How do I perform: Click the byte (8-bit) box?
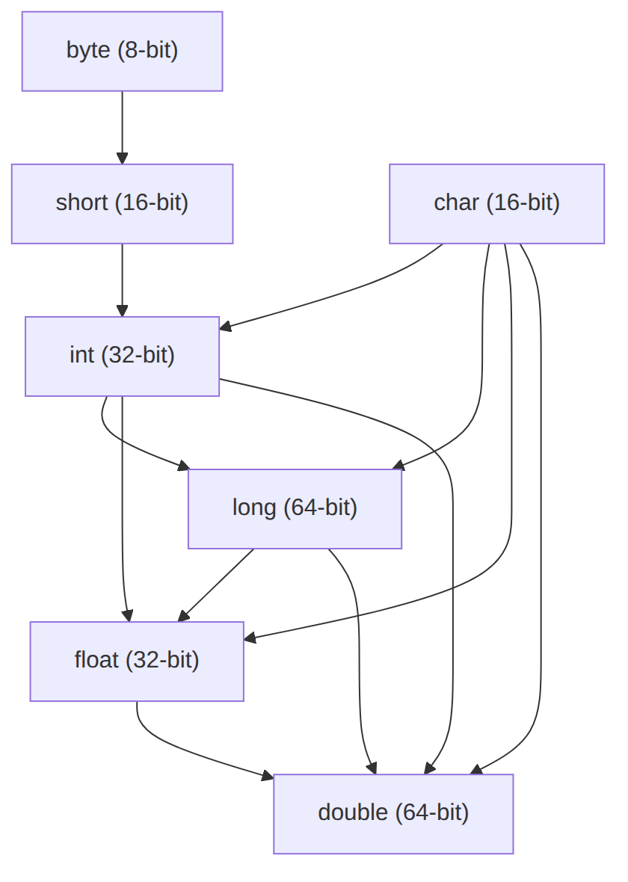[122, 51]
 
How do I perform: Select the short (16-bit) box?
[122, 203]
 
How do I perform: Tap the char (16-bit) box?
[497, 203]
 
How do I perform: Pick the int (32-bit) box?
[122, 356]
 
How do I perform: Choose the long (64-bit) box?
[295, 508]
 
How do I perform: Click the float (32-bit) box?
[137, 661]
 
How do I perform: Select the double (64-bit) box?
[393, 813]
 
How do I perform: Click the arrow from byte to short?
[122, 128]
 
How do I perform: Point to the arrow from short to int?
[122, 280]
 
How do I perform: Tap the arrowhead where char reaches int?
[225, 326]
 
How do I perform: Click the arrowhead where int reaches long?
[183, 465]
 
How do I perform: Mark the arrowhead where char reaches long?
[398, 465]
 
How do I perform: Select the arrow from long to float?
[216, 585]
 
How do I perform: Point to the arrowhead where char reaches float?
[250, 638]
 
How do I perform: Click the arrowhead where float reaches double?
[268, 776]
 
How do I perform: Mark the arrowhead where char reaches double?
[476, 769]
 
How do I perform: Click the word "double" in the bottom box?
[353, 812]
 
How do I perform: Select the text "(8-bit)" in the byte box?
[148, 51]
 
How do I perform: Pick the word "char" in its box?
[456, 203]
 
